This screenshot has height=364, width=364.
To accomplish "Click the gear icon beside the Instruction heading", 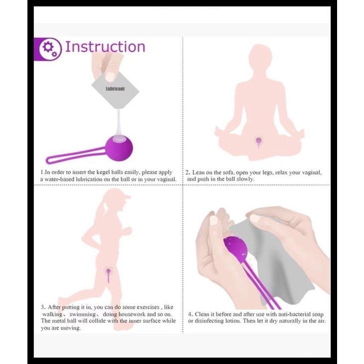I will (x=49, y=48).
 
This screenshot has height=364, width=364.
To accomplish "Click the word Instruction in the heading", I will (x=105, y=47).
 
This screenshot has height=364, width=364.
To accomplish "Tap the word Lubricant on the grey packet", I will (x=115, y=89).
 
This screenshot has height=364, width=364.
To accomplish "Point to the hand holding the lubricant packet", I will (x=106, y=65).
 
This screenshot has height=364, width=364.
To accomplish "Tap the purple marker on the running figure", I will (x=108, y=272).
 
